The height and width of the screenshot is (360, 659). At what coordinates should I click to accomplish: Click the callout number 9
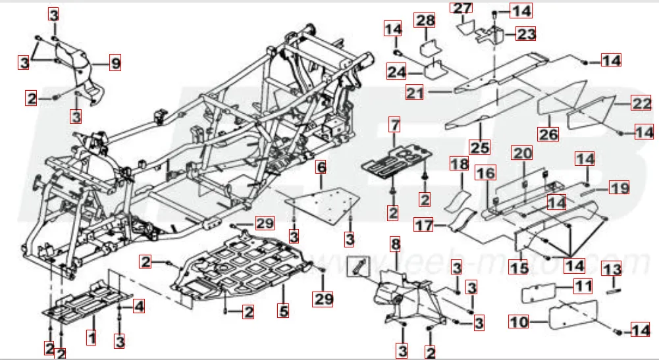point(116,64)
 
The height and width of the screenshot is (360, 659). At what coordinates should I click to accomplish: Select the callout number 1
point(92,339)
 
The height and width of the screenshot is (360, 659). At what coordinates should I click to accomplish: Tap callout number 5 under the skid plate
point(284,310)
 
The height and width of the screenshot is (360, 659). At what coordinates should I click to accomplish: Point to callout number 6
point(321,167)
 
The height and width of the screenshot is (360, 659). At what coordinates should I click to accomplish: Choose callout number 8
point(395,245)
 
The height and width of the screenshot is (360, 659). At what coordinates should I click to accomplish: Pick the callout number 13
point(612,269)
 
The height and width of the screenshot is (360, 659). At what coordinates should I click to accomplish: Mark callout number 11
point(582,286)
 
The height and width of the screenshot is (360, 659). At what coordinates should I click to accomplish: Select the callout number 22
point(641,103)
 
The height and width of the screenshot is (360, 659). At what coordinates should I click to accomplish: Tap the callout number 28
point(425,20)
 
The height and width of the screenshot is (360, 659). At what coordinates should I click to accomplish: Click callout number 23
point(526,33)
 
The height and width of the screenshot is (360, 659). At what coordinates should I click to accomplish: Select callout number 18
point(458,164)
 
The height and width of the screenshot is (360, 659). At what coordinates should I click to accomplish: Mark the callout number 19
point(619,188)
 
